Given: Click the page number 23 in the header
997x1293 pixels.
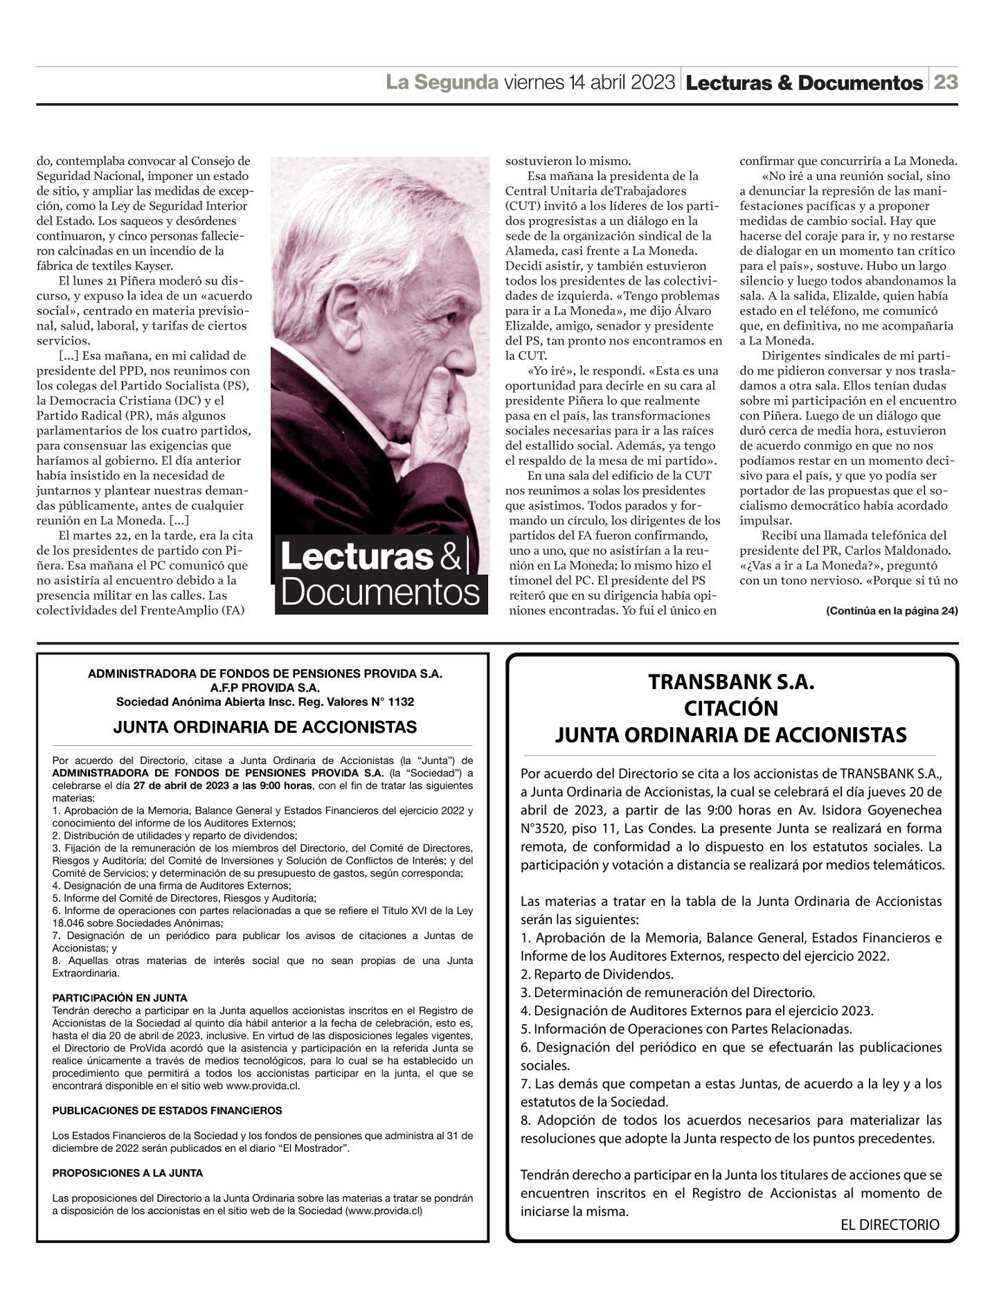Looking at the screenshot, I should point(946,82).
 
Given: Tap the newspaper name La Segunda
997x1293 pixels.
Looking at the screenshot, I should point(442,82).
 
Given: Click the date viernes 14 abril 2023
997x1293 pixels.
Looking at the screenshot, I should point(589,82).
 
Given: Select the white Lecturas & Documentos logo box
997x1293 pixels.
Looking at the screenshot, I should point(381,575).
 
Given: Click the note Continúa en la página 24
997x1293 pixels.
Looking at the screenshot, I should point(891,611).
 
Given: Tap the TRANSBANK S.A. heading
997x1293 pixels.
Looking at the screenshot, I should point(731,682).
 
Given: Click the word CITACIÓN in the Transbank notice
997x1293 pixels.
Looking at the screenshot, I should point(731,708).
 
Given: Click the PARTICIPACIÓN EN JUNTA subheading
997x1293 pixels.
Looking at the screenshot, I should point(120,998).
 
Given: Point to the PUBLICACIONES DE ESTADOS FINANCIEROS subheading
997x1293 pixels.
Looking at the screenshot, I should point(167,1110).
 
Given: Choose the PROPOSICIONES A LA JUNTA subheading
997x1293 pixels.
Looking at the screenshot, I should point(127,1172).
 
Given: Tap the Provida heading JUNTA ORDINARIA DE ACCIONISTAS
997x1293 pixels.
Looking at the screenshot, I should point(264,727).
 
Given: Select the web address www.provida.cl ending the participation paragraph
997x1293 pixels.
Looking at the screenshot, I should point(262,1085).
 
